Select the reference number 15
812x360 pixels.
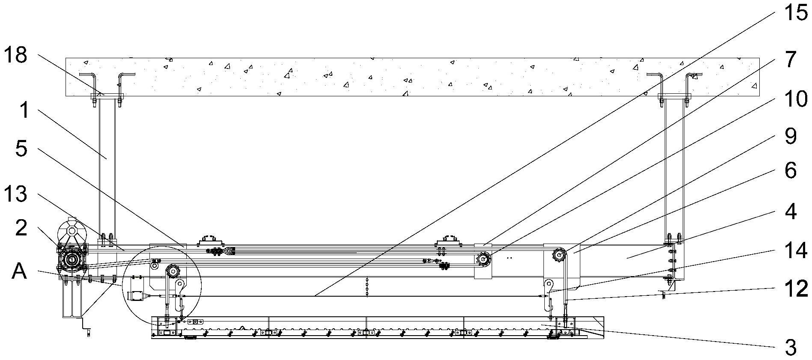tap(795, 13)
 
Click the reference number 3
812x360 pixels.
tap(791, 348)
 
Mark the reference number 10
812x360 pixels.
tap(795, 100)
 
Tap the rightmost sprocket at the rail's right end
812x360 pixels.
tap(559, 255)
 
